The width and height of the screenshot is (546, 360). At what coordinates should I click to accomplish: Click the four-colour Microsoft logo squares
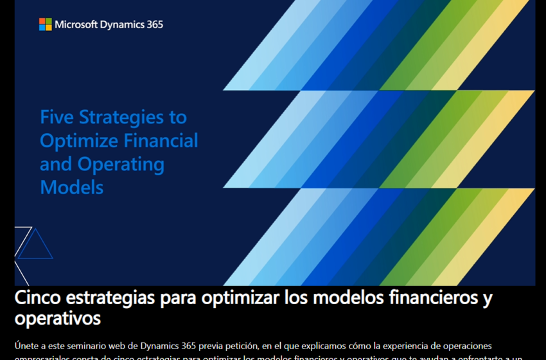coord(46,24)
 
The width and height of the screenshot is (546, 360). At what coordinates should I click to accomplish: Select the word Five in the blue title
coord(57,117)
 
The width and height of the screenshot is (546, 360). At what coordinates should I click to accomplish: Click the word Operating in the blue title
coord(121,165)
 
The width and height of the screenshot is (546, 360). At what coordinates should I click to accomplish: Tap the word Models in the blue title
coord(71,187)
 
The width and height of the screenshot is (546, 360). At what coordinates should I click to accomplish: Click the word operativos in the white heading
coord(58,318)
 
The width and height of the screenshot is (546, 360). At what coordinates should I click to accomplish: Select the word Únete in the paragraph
coord(26,346)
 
